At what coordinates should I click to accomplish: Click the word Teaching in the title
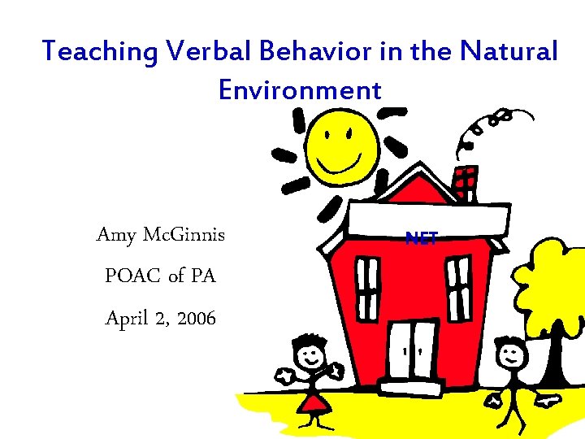point(99,52)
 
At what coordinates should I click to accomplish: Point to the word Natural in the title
point(509,52)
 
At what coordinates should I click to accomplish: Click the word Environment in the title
point(300,89)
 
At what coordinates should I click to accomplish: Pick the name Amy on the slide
point(115,235)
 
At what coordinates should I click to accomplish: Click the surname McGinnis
point(184,235)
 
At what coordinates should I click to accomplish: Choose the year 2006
point(197,318)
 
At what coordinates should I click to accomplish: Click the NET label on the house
point(422,238)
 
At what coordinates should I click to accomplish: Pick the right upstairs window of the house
point(460,284)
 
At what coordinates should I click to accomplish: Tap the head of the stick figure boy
point(511,354)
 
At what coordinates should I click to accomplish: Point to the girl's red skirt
point(312,401)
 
